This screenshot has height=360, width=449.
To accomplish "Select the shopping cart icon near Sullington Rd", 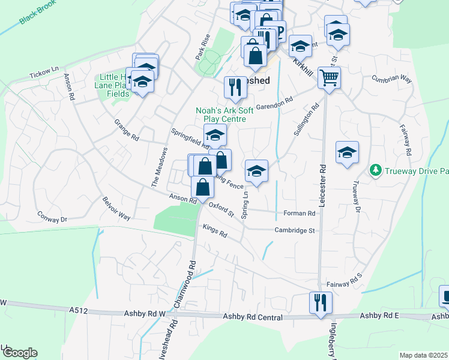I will [x=329, y=77].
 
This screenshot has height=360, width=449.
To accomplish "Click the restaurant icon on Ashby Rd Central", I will [x=320, y=302].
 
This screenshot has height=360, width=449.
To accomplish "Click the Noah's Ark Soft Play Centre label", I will [x=229, y=115].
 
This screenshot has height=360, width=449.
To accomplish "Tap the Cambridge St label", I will [x=295, y=230].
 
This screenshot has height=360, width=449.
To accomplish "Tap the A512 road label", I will [x=77, y=310].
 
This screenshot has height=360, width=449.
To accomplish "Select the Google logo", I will [x=20, y=353].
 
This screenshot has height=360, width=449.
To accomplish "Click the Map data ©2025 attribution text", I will [x=424, y=355].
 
